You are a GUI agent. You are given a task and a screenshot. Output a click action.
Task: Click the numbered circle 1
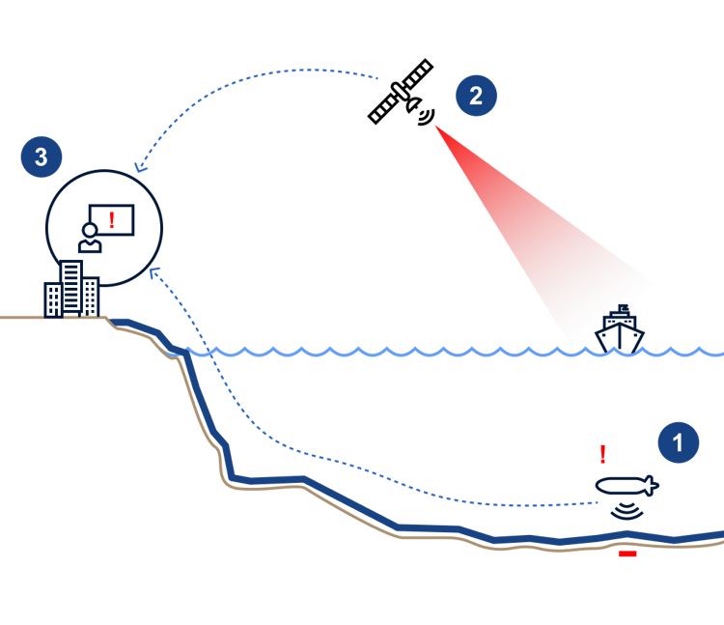pyautogui.click(x=679, y=442)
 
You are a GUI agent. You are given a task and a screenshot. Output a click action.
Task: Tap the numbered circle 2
pyautogui.click(x=476, y=96)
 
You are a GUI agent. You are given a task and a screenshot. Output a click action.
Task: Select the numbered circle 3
pyautogui.click(x=42, y=156)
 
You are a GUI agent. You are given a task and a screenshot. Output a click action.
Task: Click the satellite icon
pyautogui.click(x=401, y=93)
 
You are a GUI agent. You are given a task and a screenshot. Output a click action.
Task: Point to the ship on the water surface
pyautogui.click(x=620, y=329)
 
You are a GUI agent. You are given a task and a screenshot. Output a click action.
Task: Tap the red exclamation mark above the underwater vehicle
pyautogui.click(x=602, y=454)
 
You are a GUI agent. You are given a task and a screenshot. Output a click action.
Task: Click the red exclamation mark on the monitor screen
pyautogui.click(x=111, y=220)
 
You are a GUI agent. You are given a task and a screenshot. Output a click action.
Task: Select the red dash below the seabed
pyautogui.click(x=627, y=554)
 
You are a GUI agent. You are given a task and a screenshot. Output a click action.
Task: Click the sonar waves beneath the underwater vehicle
pyautogui.click(x=627, y=511)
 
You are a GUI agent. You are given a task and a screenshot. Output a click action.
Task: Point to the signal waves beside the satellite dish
pyautogui.click(x=427, y=117)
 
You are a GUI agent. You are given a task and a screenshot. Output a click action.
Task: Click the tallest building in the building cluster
pyautogui.click(x=71, y=288)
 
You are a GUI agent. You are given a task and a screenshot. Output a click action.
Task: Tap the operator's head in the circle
pyautogui.click(x=90, y=230)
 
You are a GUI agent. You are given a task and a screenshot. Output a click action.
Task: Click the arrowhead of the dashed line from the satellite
pyautogui.click(x=140, y=167)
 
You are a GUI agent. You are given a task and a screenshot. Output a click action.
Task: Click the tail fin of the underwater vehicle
pyautogui.click(x=652, y=486)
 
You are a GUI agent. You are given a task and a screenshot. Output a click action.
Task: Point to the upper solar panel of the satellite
pyautogui.click(x=418, y=74)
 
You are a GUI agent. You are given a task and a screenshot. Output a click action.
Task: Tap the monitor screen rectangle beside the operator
pyautogui.click(x=111, y=220)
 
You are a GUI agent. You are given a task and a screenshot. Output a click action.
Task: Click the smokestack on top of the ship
pyautogui.click(x=623, y=308)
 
